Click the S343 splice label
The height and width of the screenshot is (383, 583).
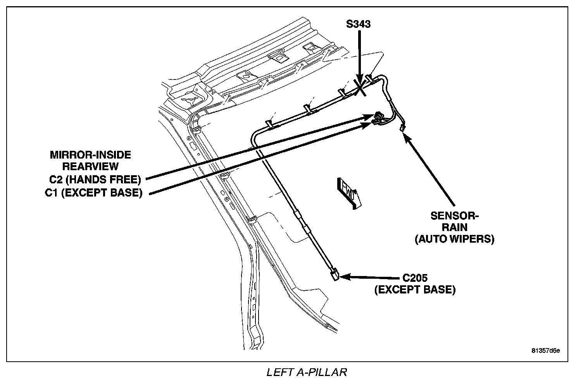point(358,24)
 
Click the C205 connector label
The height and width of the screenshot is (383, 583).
point(414,278)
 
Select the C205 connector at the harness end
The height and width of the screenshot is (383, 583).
point(335,275)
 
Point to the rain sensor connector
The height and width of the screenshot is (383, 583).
point(402,128)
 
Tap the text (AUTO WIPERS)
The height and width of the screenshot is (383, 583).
point(455,239)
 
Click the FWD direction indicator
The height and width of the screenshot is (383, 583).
point(349,193)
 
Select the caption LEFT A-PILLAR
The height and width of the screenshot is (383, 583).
point(306,373)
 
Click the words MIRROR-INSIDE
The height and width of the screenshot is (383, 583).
point(90,155)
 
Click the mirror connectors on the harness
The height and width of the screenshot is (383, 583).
point(378,118)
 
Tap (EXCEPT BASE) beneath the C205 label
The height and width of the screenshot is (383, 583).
point(415,290)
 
